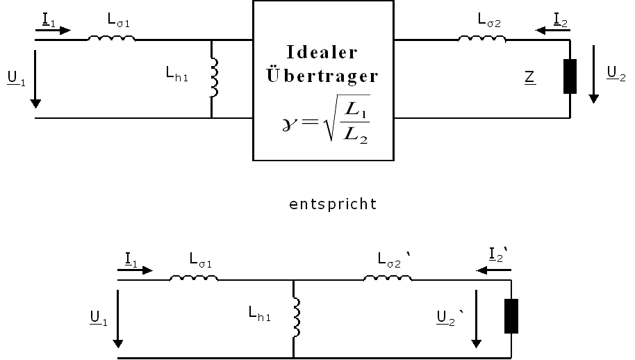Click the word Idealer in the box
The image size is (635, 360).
[x=322, y=53]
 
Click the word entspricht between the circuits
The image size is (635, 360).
[x=333, y=204]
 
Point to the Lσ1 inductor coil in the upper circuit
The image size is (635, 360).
[x=111, y=38]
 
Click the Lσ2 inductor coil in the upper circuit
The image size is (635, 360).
[x=481, y=38]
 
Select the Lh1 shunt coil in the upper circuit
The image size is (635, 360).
[x=214, y=78]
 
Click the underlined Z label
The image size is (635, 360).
[x=529, y=78]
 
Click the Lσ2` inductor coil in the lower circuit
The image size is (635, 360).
[x=388, y=279]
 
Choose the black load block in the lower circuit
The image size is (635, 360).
[x=512, y=316]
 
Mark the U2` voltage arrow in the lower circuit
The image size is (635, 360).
[x=477, y=320]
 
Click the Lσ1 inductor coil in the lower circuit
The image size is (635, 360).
[x=194, y=279]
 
